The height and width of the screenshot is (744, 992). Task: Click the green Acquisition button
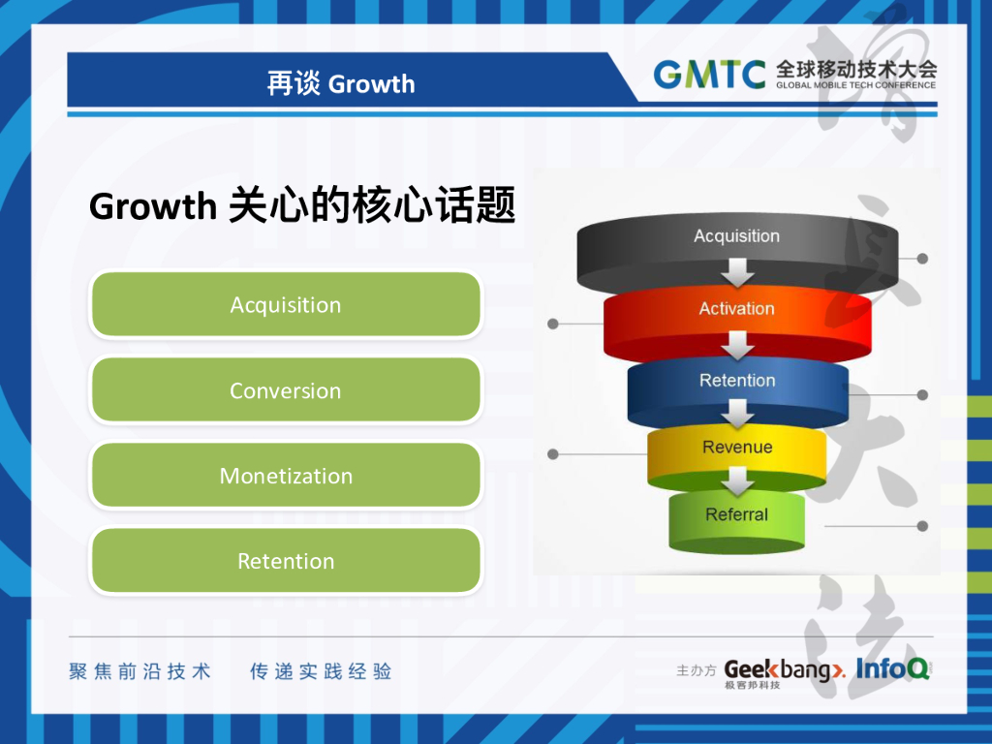pyautogui.click(x=286, y=305)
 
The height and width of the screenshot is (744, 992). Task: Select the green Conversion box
pyautogui.click(x=286, y=390)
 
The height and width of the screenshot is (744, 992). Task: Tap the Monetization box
pyautogui.click(x=286, y=476)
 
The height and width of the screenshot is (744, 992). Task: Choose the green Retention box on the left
pyautogui.click(x=286, y=561)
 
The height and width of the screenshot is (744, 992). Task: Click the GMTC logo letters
pyautogui.click(x=709, y=74)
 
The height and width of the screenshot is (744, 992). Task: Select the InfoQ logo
pyautogui.click(x=892, y=668)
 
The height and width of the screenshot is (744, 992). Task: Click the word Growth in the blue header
pyautogui.click(x=371, y=84)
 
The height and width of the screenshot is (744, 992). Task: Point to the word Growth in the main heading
pyautogui.click(x=152, y=206)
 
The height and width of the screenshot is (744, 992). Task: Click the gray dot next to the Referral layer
pyautogui.click(x=922, y=526)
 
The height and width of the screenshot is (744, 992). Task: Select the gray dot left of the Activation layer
pyautogui.click(x=553, y=323)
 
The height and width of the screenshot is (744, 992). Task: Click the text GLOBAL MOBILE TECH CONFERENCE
pyautogui.click(x=855, y=85)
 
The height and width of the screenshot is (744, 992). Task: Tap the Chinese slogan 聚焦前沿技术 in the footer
pyautogui.click(x=140, y=671)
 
